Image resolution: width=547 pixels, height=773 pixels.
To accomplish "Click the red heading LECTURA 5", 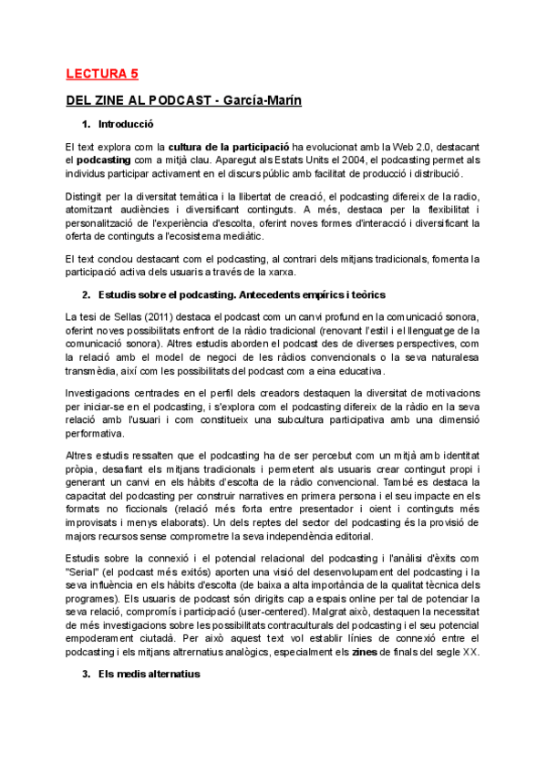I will [x=102, y=74].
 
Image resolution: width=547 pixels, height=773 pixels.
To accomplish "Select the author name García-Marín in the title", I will [x=263, y=100].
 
